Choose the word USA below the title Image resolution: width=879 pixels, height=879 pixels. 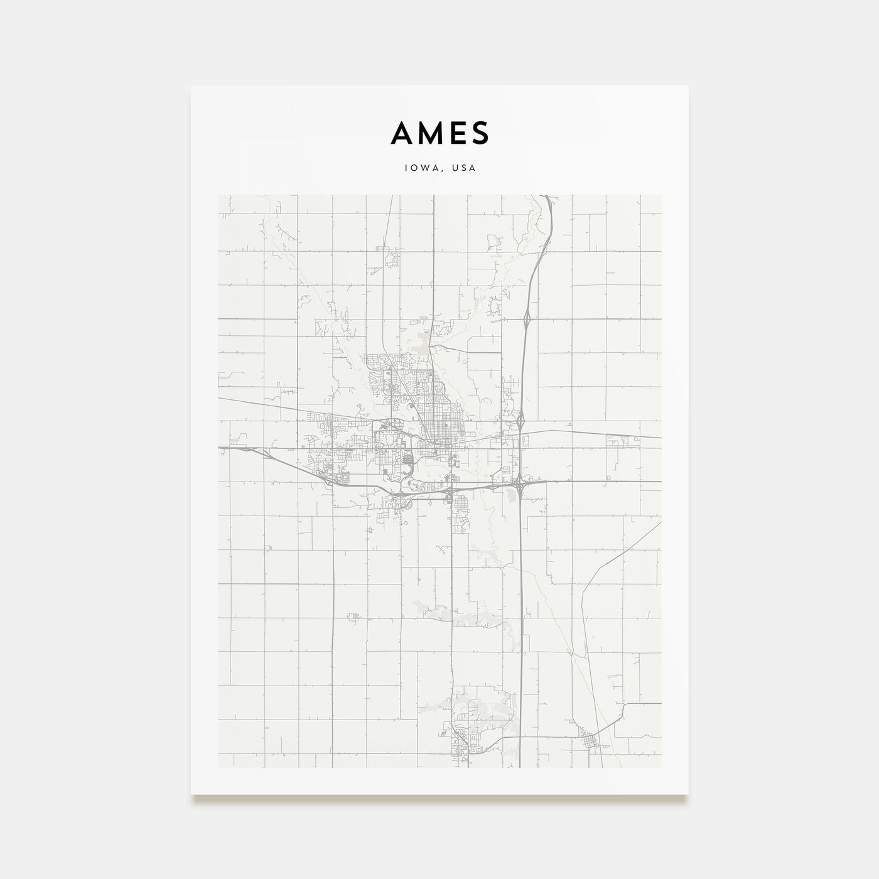(465, 168)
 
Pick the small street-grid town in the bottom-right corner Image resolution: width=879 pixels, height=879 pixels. (590, 741)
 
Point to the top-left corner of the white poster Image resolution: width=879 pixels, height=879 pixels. (191, 85)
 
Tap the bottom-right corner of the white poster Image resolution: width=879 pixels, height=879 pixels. (688, 794)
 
